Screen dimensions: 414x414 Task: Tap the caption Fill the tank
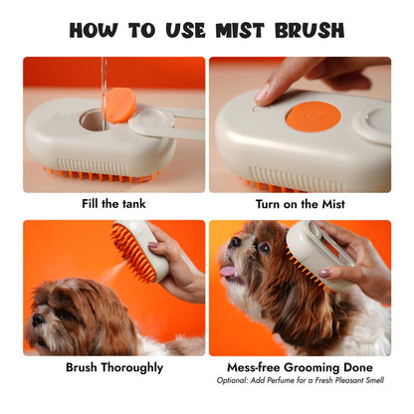point(113,204)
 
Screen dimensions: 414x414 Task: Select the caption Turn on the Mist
point(300,204)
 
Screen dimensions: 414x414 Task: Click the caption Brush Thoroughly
point(113,366)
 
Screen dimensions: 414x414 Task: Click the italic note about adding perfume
point(300,380)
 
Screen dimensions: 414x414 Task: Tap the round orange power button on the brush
point(312,114)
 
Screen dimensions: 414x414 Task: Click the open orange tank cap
point(121,104)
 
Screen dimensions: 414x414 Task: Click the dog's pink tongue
point(226,270)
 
